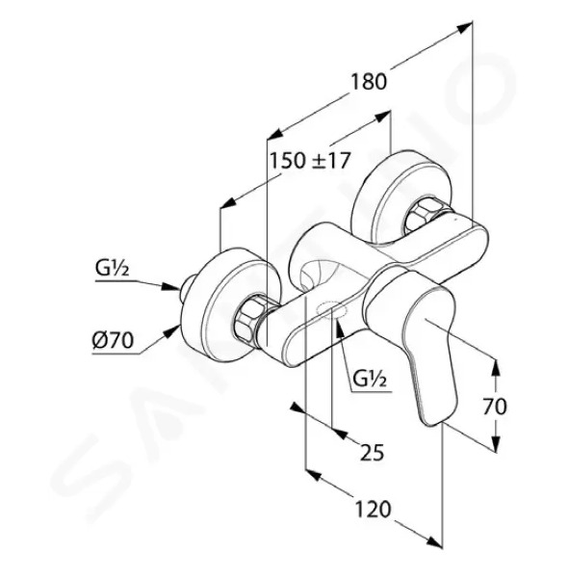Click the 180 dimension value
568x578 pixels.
368,82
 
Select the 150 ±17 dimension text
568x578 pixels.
309,161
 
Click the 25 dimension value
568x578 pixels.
372,453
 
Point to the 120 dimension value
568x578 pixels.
373,510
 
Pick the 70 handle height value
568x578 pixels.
495,407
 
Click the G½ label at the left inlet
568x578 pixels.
112,269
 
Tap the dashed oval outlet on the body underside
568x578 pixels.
331,309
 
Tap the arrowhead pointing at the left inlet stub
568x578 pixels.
171,286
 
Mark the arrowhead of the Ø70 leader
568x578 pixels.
172,331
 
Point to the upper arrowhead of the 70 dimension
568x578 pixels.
496,368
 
